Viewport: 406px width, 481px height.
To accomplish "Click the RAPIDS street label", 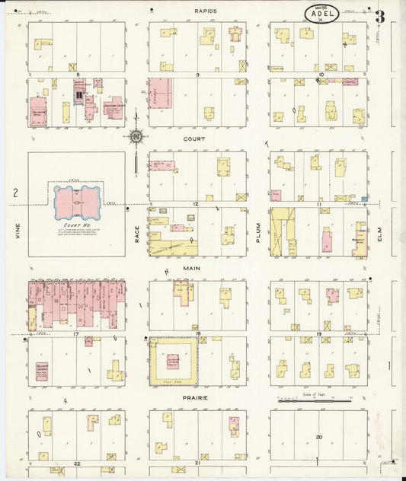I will click(206, 11).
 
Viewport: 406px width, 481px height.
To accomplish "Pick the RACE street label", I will click(138, 231).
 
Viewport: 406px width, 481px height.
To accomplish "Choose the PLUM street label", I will click(259, 231).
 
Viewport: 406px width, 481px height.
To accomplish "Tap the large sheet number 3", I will click(379, 16).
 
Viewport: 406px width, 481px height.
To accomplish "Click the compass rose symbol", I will click(136, 137).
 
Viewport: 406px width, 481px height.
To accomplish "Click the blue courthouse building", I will click(76, 201).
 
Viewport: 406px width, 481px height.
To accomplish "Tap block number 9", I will click(197, 75).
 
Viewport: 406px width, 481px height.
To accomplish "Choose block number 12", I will click(196, 204).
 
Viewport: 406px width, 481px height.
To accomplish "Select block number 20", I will click(319, 437).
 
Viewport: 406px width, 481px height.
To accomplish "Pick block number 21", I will click(197, 462).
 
